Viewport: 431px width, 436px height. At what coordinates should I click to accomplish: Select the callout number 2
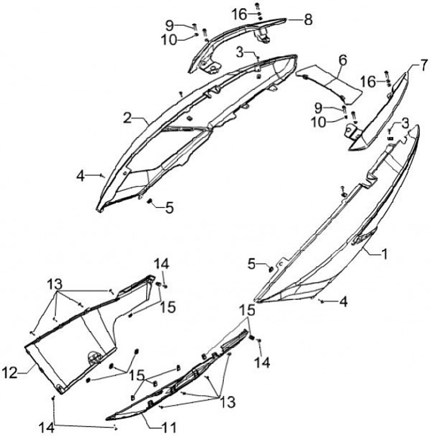tap(127, 118)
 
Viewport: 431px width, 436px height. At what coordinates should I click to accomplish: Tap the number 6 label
tap(343, 60)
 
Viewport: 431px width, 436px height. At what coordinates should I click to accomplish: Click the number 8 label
tap(308, 20)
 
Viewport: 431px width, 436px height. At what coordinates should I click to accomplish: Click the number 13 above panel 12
tap(54, 283)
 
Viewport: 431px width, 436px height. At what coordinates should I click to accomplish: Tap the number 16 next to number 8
tap(239, 13)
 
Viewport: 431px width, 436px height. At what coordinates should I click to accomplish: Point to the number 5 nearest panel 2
tap(169, 208)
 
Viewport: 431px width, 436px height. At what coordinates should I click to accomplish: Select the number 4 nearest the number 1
tap(343, 303)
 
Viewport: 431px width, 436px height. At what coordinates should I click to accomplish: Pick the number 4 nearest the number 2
tap(81, 175)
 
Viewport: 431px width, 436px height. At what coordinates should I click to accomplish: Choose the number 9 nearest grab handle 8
tap(169, 25)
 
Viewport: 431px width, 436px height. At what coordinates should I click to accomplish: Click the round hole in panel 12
tap(93, 357)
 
